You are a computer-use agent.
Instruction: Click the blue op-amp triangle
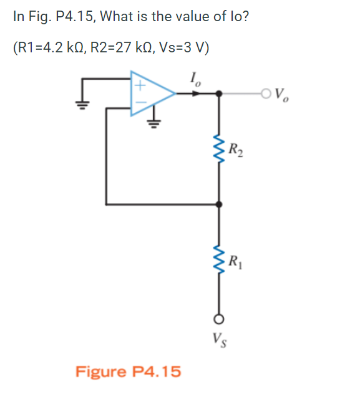150,93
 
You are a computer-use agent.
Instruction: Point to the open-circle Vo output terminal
267,94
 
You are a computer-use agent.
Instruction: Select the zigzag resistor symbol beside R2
218,149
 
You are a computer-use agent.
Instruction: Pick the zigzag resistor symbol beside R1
218,259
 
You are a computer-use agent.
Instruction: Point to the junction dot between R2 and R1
218,204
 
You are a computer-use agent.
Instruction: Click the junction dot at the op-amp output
218,94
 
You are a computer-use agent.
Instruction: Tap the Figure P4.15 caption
128,372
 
